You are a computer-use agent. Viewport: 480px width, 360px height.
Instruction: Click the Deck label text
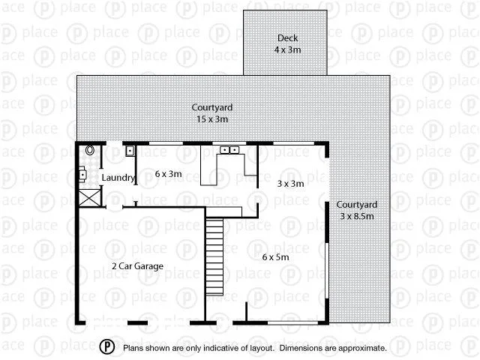[288, 38]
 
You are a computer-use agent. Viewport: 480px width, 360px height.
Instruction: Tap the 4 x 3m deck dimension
[288, 49]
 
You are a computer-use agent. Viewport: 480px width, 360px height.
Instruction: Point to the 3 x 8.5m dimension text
[356, 216]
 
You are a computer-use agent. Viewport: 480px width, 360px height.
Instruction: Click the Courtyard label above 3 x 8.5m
[356, 205]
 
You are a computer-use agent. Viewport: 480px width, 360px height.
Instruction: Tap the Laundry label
[118, 178]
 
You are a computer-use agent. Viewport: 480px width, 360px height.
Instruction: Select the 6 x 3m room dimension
[169, 173]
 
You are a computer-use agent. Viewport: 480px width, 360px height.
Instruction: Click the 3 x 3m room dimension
[290, 183]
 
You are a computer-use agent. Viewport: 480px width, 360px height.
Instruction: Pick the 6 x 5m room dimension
[275, 256]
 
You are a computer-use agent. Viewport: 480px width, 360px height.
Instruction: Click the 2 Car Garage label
[137, 265]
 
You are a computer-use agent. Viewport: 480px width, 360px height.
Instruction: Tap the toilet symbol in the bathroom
[90, 150]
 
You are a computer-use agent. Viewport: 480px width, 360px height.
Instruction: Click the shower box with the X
[89, 198]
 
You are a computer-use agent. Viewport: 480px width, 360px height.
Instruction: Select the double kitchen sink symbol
[229, 150]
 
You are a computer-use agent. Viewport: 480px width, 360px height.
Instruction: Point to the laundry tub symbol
[130, 151]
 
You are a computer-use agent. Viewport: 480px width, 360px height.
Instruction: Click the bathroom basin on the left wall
[82, 176]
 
